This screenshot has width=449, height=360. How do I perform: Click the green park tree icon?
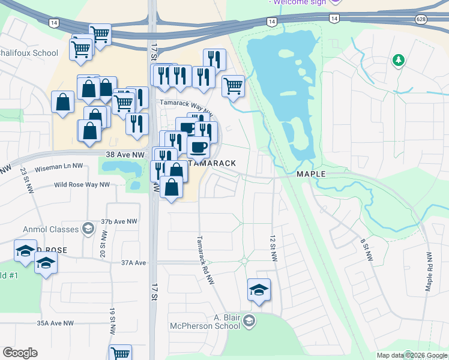tap(397, 61)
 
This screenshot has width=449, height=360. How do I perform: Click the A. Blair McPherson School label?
tap(223, 322)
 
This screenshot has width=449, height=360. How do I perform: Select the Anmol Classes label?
tap(51, 229)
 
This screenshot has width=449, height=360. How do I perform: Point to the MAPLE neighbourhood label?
tap(311, 174)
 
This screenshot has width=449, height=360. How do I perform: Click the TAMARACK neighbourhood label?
tap(209, 163)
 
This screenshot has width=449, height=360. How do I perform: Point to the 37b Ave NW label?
tap(119, 221)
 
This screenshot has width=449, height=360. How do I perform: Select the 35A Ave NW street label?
tap(55, 323)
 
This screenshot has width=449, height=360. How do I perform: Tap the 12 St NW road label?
tap(274, 248)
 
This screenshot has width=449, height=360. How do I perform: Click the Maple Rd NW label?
tap(429, 272)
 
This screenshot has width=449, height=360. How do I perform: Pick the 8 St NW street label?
tap(364, 250)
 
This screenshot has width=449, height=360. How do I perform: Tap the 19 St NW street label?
tap(112, 322)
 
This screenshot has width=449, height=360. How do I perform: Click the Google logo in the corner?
tap(20, 353)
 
